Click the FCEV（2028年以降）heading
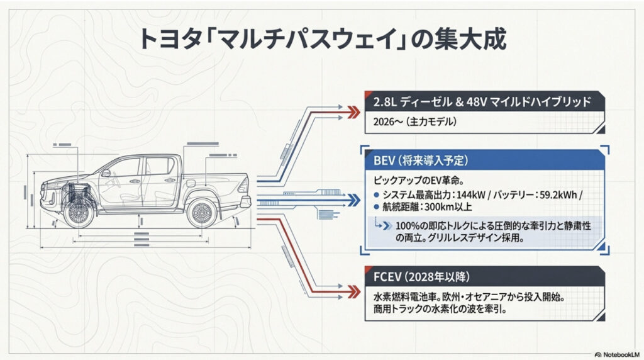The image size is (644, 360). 428,277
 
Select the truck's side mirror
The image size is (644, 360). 106,172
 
